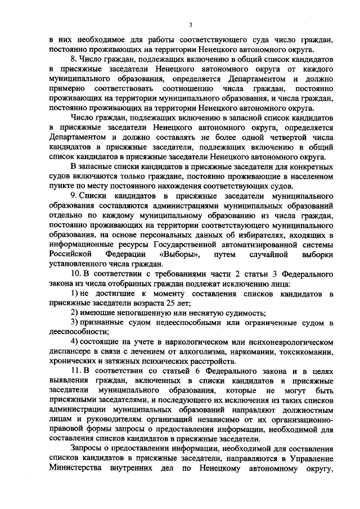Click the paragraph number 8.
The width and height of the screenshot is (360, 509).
point(73,58)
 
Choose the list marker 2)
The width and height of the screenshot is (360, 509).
point(74,313)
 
